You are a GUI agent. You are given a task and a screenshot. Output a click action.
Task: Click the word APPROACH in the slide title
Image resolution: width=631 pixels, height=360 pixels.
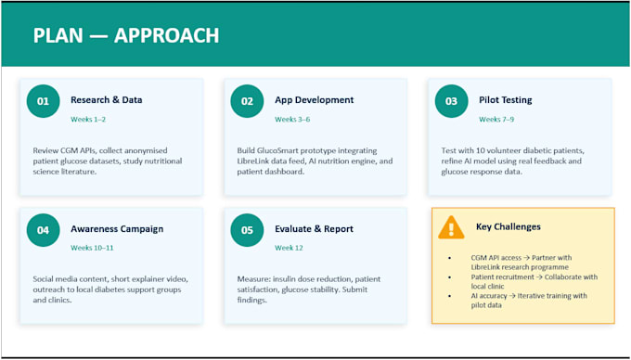(167, 35)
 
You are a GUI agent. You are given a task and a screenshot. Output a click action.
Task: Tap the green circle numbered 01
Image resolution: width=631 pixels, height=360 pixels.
(43, 101)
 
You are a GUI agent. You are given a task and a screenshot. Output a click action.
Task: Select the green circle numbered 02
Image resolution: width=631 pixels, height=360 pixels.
(247, 101)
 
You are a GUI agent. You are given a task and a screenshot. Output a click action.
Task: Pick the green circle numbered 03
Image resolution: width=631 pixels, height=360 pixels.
(452, 101)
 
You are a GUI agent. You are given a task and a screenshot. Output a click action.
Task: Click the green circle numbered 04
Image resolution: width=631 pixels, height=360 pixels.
(43, 230)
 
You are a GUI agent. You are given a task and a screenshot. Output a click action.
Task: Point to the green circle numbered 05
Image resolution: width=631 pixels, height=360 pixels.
(247, 230)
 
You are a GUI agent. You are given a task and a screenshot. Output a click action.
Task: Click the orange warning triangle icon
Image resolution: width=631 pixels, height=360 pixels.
(451, 227)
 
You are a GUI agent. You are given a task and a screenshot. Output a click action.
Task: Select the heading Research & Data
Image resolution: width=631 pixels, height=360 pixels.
(106, 100)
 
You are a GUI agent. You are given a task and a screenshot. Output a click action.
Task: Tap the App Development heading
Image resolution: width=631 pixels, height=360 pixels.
(315, 100)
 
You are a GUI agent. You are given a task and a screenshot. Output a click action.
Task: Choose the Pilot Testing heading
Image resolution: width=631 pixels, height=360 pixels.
(506, 100)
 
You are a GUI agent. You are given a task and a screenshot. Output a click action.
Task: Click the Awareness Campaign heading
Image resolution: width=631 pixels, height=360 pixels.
(117, 229)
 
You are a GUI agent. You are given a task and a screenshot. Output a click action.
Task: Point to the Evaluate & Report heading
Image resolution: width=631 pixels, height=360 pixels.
(314, 229)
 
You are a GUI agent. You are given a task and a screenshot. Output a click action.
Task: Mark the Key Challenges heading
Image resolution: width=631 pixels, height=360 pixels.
(509, 227)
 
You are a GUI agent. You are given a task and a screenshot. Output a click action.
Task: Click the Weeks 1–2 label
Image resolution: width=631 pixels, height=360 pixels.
(88, 119)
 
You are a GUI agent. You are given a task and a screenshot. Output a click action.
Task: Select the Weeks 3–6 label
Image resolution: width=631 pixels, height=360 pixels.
(292, 119)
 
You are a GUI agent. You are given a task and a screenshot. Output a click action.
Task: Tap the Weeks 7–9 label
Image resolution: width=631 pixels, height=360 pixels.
(496, 119)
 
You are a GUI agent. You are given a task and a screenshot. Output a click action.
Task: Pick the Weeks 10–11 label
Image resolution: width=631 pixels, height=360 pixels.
(92, 248)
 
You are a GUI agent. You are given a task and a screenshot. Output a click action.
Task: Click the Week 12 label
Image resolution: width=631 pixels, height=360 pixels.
(289, 248)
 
